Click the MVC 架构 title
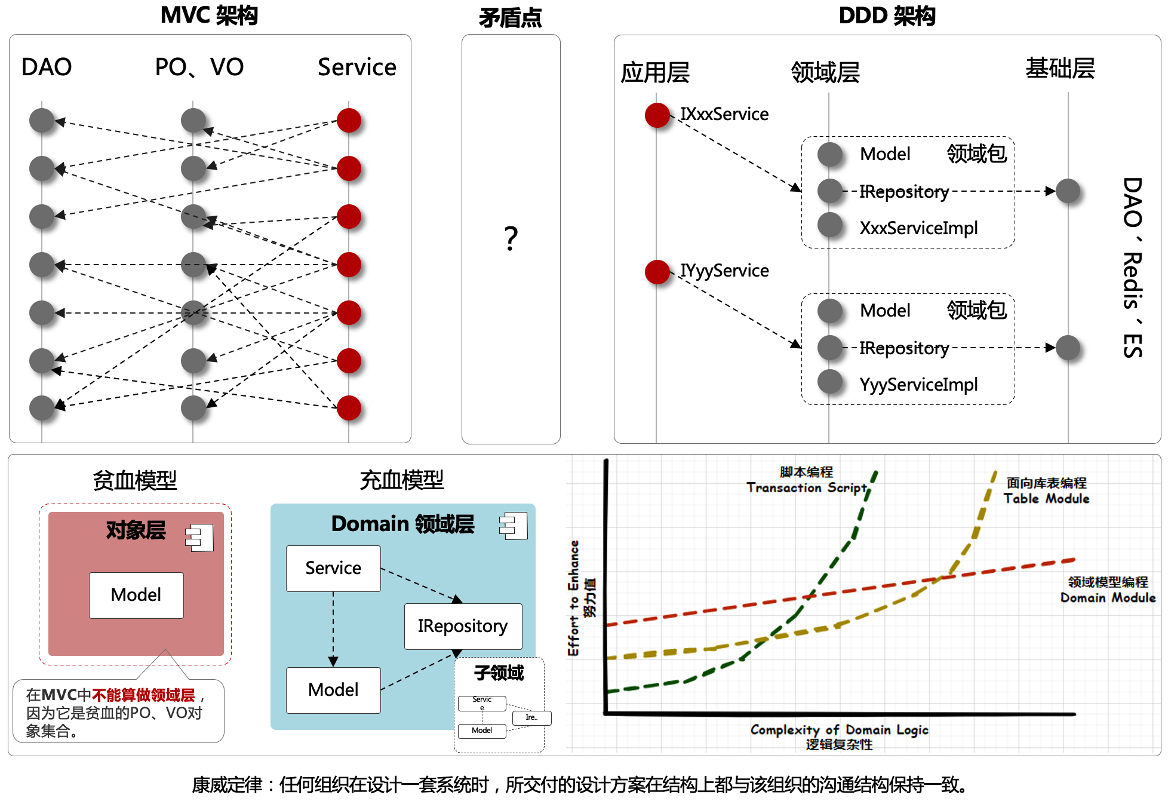click(x=209, y=16)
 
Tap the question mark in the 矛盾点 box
click(x=511, y=238)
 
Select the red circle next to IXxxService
click(x=657, y=115)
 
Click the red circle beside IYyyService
click(x=657, y=272)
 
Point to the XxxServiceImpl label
click(x=918, y=228)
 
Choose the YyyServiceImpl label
click(x=918, y=384)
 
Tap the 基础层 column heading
click(x=1060, y=68)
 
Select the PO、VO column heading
click(x=199, y=67)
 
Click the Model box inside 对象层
click(x=136, y=595)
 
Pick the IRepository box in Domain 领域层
click(x=463, y=626)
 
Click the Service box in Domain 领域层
click(x=333, y=568)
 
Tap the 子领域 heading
click(x=499, y=673)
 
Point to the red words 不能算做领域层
click(x=143, y=695)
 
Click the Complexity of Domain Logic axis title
click(x=839, y=730)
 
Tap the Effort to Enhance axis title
click(x=574, y=597)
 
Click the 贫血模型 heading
click(x=135, y=480)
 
